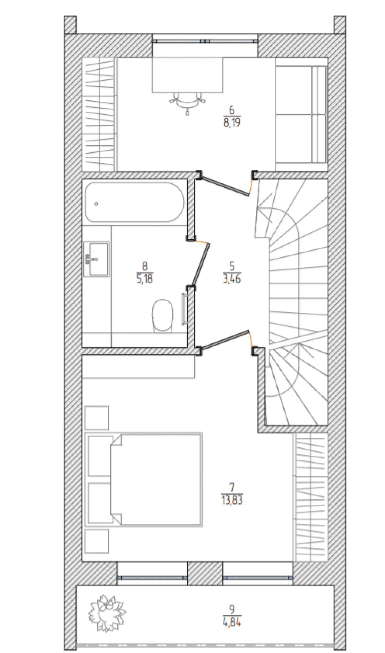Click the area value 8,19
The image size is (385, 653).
coord(232,121)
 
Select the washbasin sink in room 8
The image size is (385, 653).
coord(97,259)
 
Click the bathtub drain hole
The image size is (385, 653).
coord(96,204)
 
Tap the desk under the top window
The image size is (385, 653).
coord(187,75)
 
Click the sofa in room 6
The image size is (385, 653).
coord(301,114)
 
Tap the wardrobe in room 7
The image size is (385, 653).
coord(310,497)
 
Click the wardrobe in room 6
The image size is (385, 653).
coord(99,114)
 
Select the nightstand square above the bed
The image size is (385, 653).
coord(97,418)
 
